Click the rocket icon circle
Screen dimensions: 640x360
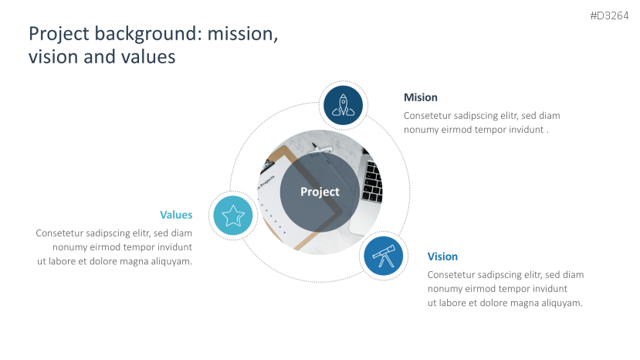tap(344, 105)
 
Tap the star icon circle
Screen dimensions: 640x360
tap(233, 216)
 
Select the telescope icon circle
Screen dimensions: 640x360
tap(383, 256)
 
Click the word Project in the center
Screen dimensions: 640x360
tap(320, 192)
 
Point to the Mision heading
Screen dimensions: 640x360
tap(421, 97)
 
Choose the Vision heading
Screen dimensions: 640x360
tap(442, 256)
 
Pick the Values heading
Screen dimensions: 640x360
tap(176, 215)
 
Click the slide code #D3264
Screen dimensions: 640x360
tap(609, 15)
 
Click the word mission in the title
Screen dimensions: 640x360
tap(243, 33)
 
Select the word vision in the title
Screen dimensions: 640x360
tap(53, 56)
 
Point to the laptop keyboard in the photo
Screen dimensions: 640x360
tap(372, 182)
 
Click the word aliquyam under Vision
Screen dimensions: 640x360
tap(562, 303)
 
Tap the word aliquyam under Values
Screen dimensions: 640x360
tap(171, 261)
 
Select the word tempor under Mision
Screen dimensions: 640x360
tap(489, 130)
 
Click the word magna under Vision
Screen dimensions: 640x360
tap(525, 303)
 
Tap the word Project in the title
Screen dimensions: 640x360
tap(59, 34)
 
